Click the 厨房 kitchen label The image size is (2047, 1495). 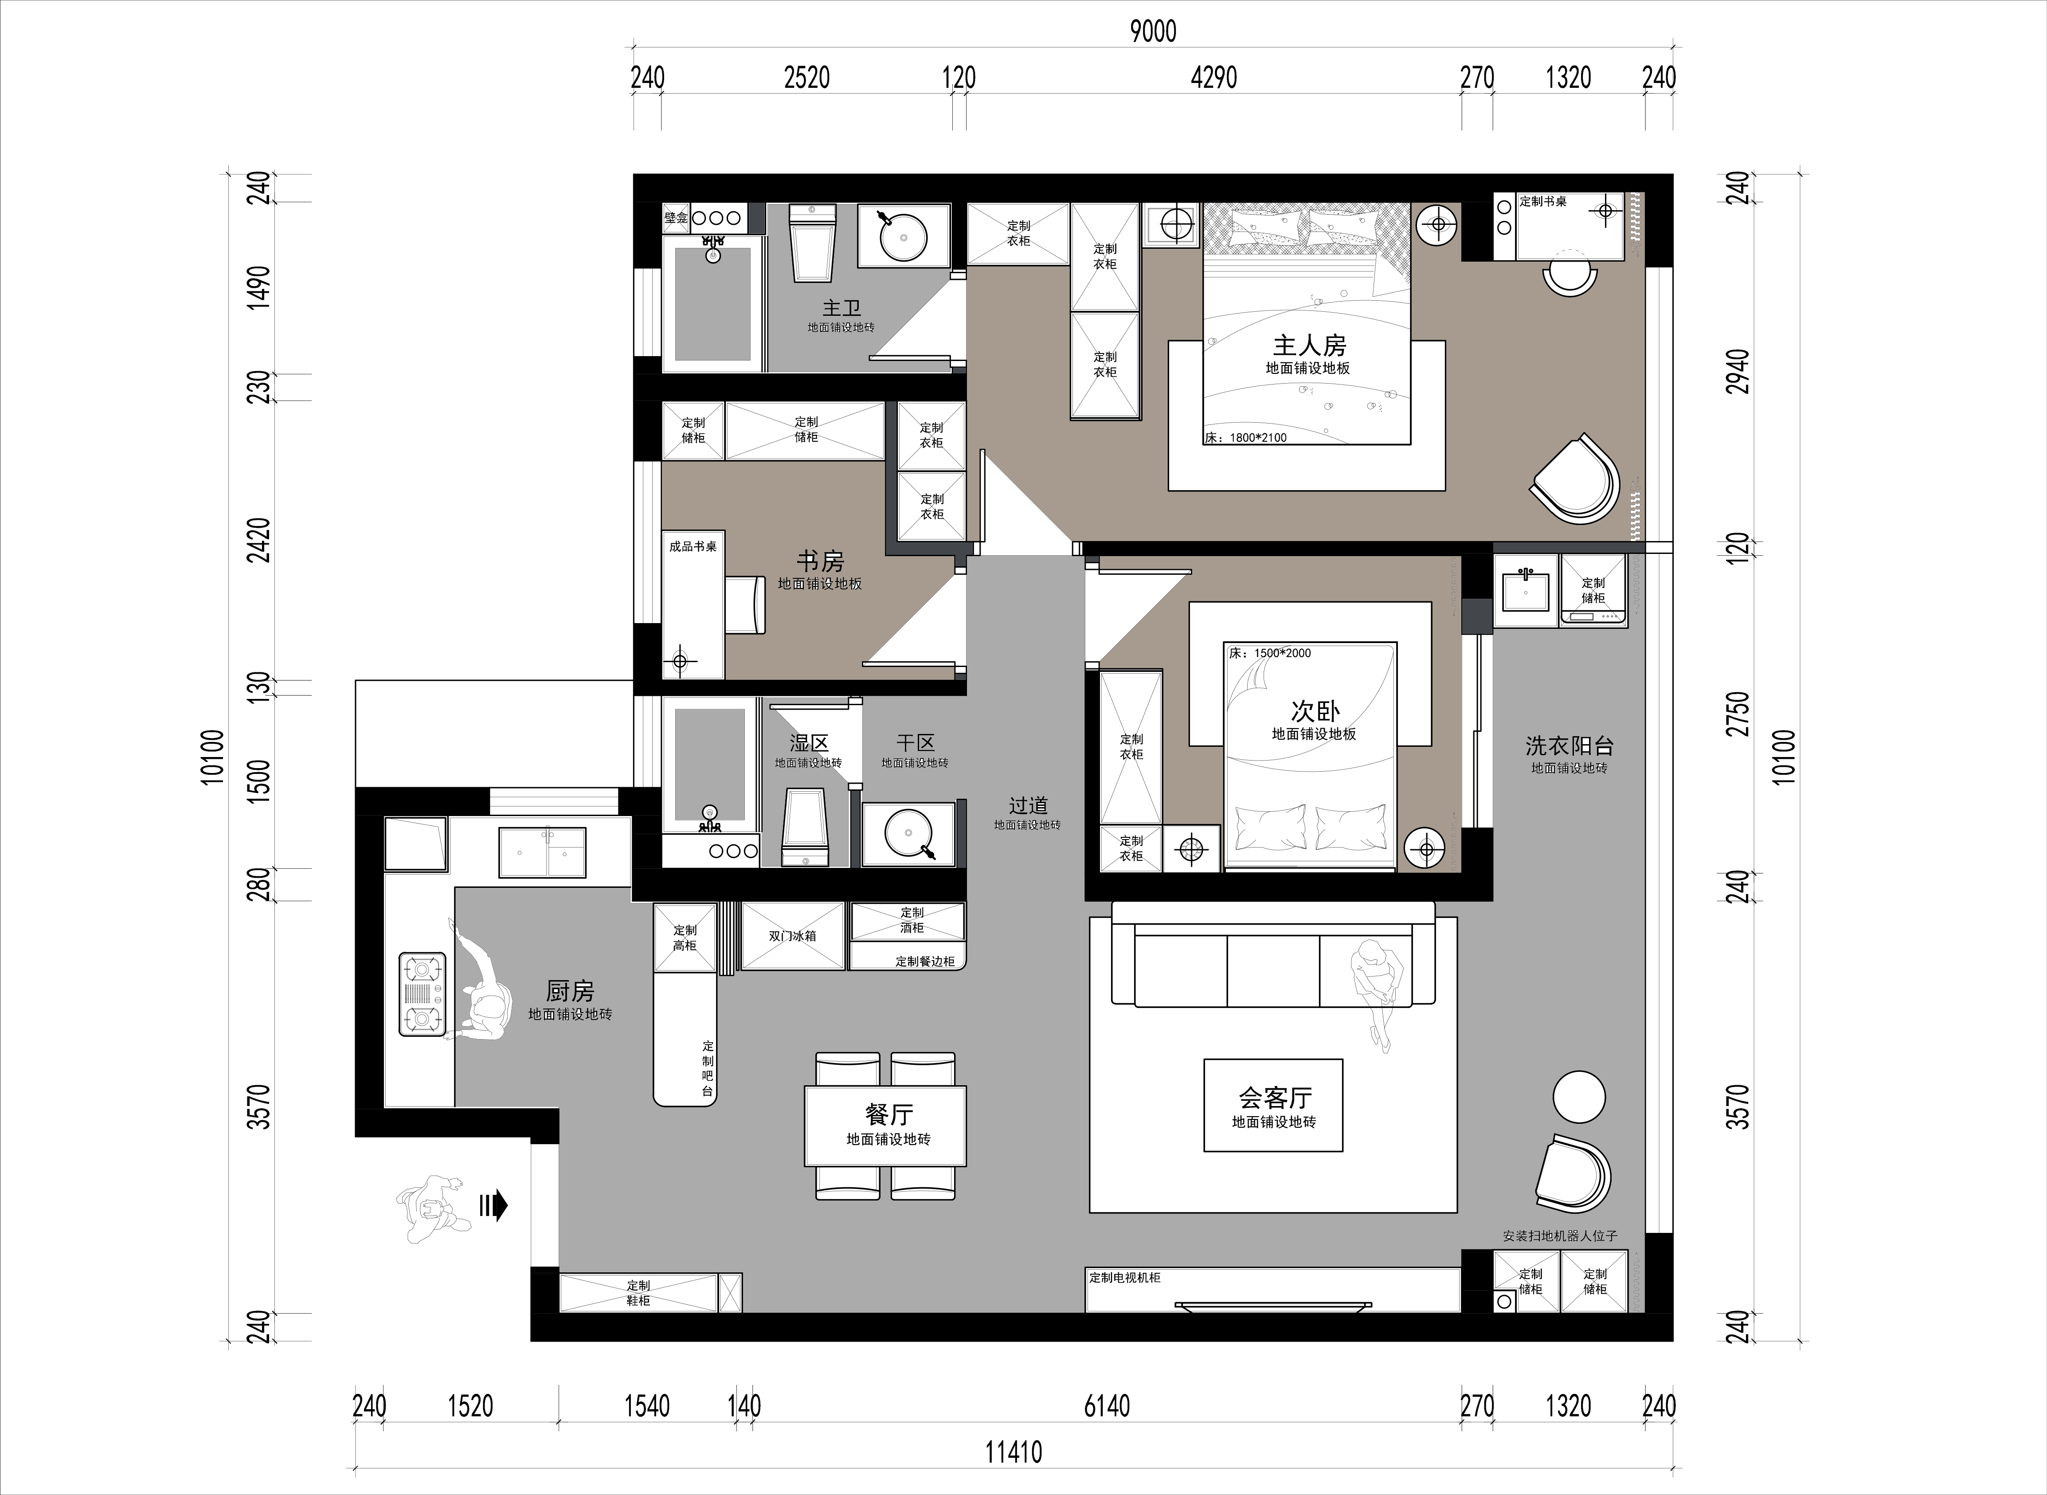[570, 991]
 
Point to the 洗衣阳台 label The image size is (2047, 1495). [1569, 746]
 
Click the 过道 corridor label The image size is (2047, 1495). [1029, 804]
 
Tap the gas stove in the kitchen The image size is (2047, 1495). [423, 995]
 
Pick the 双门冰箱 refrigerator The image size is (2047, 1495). [792, 936]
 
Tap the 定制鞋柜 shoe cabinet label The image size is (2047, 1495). [638, 1292]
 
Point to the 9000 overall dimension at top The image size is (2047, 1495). [1153, 31]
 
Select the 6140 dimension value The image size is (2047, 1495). [1107, 1405]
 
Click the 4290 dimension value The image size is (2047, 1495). [1214, 78]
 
